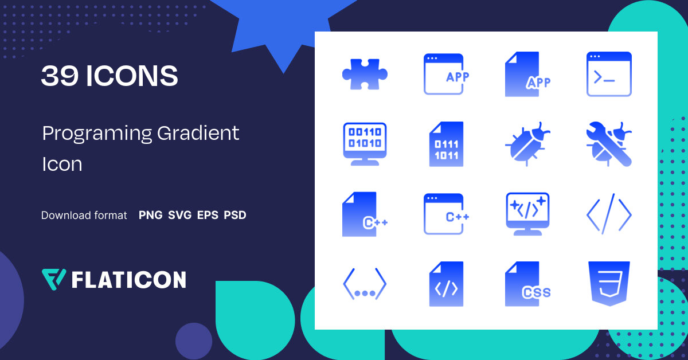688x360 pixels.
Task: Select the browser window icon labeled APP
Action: pyautogui.click(x=446, y=75)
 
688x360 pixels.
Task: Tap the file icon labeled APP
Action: pyautogui.click(x=527, y=75)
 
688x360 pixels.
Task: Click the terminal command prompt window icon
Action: pyautogui.click(x=609, y=75)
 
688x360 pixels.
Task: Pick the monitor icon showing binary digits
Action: pyautogui.click(x=365, y=144)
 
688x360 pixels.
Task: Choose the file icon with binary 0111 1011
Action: pyautogui.click(x=446, y=144)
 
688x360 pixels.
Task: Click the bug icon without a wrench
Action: pyautogui.click(x=527, y=144)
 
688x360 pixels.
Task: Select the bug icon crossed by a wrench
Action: pyautogui.click(x=609, y=144)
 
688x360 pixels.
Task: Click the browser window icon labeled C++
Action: pyautogui.click(x=446, y=214)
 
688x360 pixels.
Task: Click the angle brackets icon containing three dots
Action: pyautogui.click(x=365, y=284)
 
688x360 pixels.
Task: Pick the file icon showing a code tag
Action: pyautogui.click(x=446, y=284)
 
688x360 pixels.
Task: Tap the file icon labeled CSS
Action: pyautogui.click(x=526, y=284)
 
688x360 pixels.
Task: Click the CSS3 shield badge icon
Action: pyautogui.click(x=609, y=284)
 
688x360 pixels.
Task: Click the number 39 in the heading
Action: pyautogui.click(x=59, y=76)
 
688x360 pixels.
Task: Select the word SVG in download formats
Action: pyautogui.click(x=180, y=216)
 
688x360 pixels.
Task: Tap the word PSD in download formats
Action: pyautogui.click(x=235, y=216)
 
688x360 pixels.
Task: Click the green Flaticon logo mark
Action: pyautogui.click(x=54, y=279)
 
